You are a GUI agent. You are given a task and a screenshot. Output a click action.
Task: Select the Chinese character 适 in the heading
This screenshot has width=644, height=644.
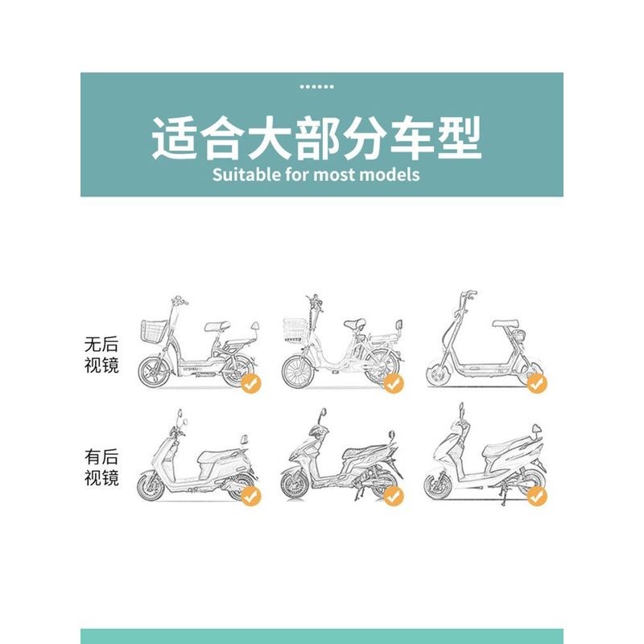tap(173, 138)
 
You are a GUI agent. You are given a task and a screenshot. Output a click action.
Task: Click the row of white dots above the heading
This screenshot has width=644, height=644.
tap(316, 86)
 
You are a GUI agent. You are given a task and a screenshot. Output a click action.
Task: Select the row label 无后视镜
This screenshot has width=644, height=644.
tap(101, 354)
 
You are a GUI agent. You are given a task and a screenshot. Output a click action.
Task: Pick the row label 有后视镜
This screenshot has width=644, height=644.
tap(101, 467)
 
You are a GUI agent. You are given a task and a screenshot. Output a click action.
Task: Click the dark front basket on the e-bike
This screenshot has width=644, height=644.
tap(155, 330)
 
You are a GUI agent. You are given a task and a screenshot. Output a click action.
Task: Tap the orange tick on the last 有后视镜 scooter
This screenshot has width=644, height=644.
tap(536, 497)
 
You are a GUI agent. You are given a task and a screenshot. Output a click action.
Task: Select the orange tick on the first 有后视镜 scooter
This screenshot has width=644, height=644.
tap(251, 497)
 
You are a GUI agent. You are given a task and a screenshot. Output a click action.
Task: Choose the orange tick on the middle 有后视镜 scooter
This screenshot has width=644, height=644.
tap(393, 497)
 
